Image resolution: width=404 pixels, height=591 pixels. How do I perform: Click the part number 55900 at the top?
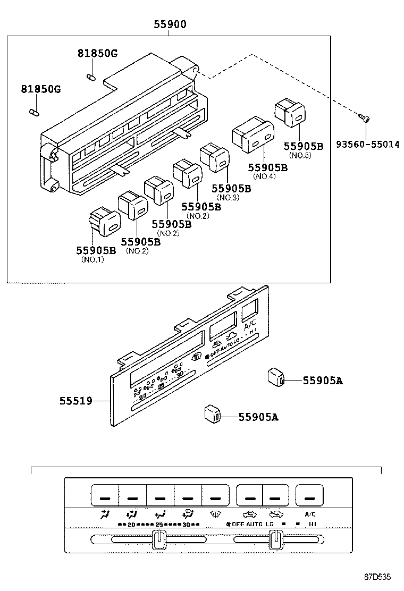(170, 24)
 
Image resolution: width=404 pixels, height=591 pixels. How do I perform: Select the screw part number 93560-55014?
(367, 144)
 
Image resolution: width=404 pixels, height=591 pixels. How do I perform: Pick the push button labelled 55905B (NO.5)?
(290, 112)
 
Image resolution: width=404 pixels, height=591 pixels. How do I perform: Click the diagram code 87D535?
(377, 576)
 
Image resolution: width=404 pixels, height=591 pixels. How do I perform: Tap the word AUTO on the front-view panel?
(253, 525)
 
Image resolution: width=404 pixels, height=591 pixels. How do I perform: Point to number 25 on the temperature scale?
(158, 525)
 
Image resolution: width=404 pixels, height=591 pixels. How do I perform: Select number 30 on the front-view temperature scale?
(186, 525)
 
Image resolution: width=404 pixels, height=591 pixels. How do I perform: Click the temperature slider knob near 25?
(158, 539)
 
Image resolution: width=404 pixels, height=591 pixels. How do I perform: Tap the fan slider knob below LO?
(275, 539)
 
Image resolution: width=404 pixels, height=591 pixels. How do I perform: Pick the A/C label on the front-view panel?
(310, 514)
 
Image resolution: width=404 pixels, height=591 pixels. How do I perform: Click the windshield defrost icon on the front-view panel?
(215, 514)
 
